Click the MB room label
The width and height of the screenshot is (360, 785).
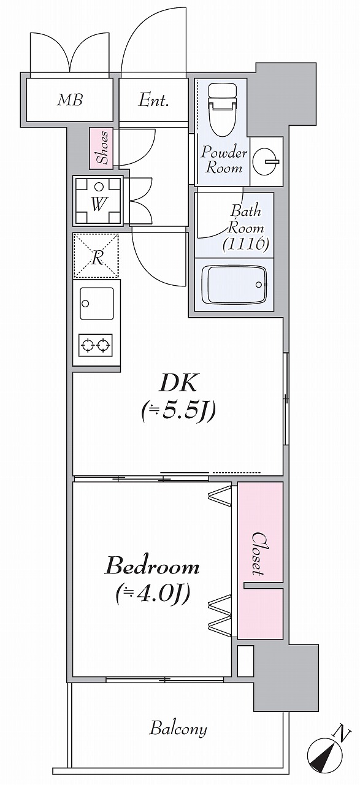point(70,100)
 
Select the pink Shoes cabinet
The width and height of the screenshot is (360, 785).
point(101,148)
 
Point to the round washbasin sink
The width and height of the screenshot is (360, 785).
point(266,161)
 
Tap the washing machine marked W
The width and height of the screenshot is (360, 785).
point(98,202)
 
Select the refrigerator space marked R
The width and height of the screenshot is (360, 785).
point(96,256)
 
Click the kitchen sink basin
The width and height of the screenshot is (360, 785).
point(97,304)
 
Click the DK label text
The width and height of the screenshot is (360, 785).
point(178,384)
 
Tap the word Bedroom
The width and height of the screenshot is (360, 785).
point(153,566)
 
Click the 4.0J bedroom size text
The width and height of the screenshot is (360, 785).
point(153,592)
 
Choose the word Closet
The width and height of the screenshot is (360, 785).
point(259,554)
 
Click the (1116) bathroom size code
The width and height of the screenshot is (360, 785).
point(246,243)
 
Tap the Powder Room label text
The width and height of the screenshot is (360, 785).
point(224,161)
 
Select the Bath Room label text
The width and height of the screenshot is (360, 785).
point(246,220)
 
